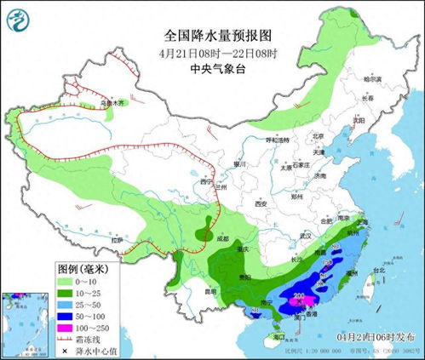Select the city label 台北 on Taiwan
(373, 271)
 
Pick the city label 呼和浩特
(279, 139)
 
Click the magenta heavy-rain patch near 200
(307, 302)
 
